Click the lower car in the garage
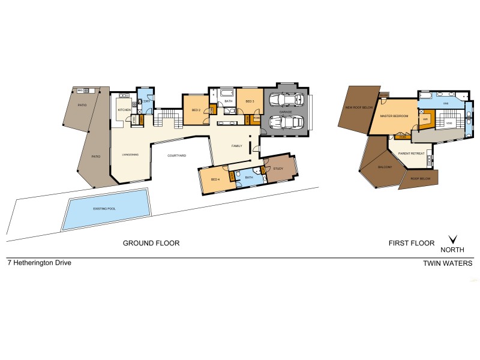(286, 122)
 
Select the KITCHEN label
(124, 110)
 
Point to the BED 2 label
(196, 110)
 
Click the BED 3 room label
(250, 101)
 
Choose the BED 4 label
(214, 180)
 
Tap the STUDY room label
(278, 169)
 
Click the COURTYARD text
(176, 155)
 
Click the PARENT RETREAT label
(412, 154)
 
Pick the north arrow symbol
(453, 239)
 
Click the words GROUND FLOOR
(151, 243)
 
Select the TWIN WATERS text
(448, 263)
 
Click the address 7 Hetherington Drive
(39, 262)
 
